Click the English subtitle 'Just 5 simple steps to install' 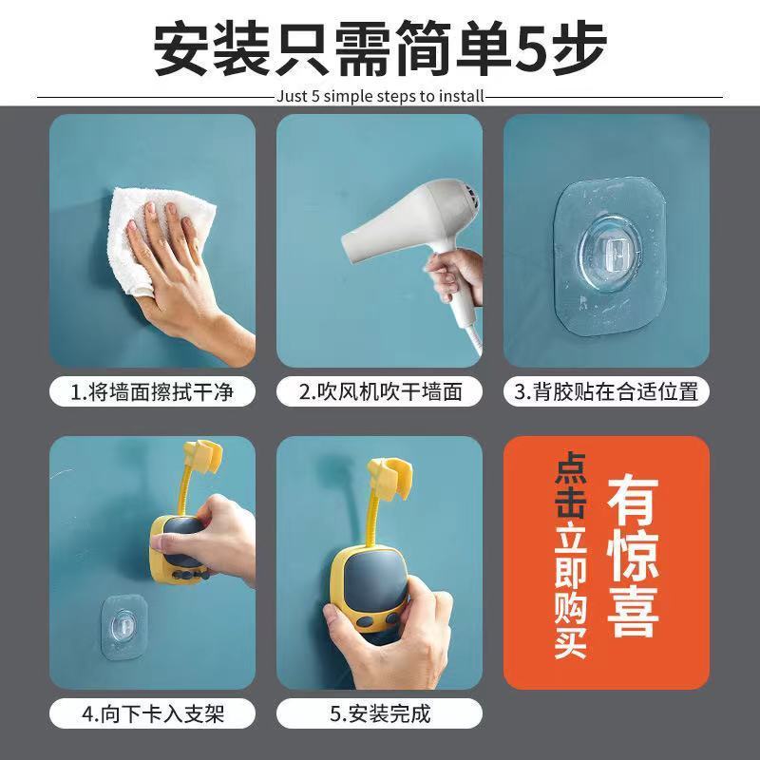coord(381,96)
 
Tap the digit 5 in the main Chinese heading coord(530,48)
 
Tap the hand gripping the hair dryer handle coord(455,277)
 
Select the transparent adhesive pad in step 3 coord(610,256)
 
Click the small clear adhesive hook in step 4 coord(124,627)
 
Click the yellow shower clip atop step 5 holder coord(389,476)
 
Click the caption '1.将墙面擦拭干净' coord(152,391)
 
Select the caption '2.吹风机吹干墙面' coord(379,391)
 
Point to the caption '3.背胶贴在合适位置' coord(606,391)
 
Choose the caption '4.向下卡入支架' coord(152,713)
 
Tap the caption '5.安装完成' coord(379,713)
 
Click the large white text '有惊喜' coord(633,557)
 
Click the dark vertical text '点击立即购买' coord(571,556)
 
